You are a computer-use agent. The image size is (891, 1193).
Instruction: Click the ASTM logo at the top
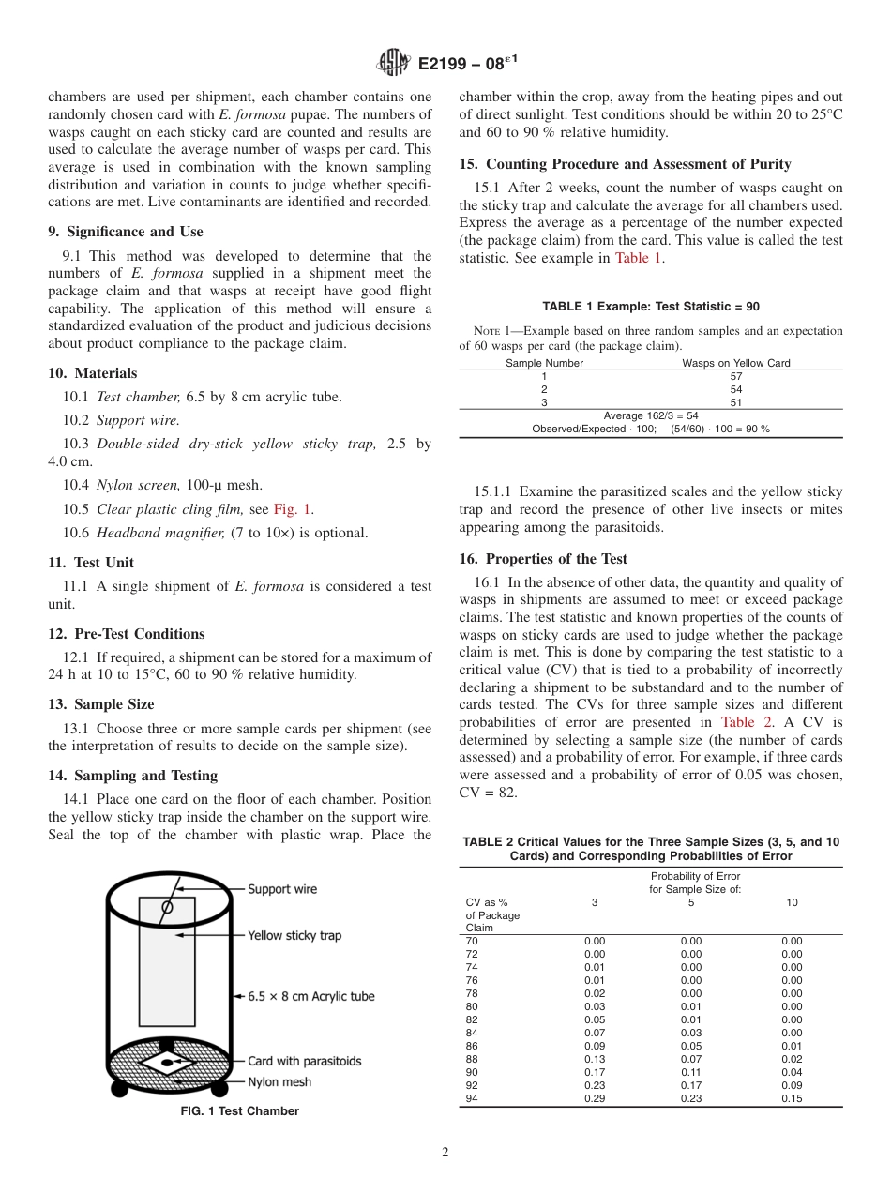[x=393, y=63]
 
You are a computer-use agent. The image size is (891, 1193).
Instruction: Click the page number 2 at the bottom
[x=445, y=1153]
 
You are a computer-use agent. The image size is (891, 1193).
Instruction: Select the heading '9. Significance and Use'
[x=125, y=232]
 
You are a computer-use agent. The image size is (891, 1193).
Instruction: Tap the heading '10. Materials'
[x=92, y=373]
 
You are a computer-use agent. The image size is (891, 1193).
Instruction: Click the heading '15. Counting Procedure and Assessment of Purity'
[x=625, y=164]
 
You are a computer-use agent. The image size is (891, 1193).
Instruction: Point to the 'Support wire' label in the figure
[x=282, y=889]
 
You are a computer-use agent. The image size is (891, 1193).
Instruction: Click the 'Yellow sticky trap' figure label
[x=294, y=935]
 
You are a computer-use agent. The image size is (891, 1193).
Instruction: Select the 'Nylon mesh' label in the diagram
[x=279, y=1081]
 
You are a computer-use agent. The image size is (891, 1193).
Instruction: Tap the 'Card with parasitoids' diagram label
[x=304, y=1061]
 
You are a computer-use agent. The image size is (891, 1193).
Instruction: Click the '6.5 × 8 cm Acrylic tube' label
[x=310, y=996]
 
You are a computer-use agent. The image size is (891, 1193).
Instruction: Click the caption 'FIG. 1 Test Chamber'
[x=239, y=1111]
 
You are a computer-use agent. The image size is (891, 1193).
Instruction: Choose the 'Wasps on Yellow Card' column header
[x=735, y=363]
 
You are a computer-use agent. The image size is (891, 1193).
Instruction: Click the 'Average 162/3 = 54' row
[x=651, y=415]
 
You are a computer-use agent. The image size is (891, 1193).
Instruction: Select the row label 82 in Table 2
[x=472, y=1019]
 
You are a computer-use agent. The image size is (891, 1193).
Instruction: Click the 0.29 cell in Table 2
[x=595, y=1098]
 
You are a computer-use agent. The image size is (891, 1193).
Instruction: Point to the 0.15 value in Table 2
[x=792, y=1098]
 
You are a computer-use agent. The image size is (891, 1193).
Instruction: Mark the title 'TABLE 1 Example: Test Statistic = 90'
[x=651, y=307]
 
